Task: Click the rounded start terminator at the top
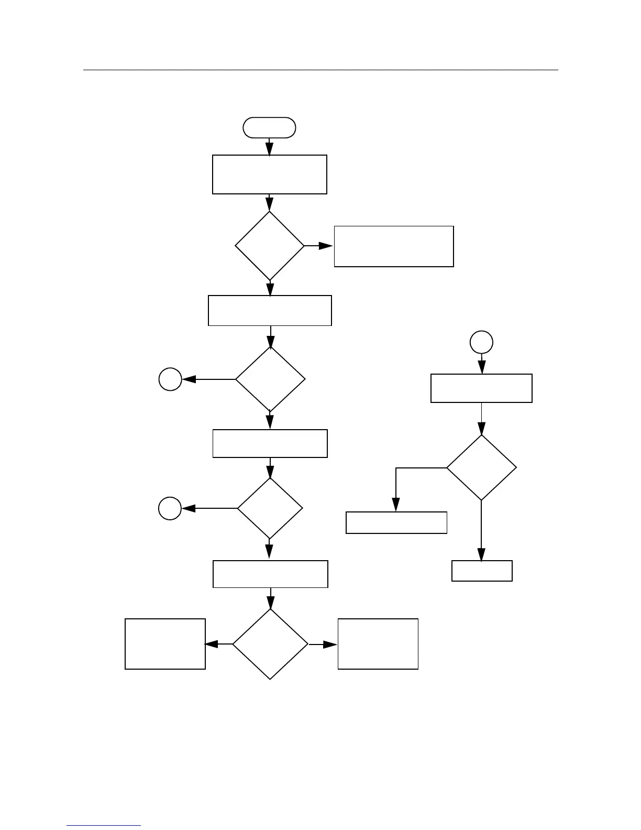(x=269, y=128)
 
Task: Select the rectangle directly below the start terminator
(x=269, y=174)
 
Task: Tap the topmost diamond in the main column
(x=270, y=246)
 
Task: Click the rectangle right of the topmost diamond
(x=394, y=246)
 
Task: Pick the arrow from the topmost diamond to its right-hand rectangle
(x=319, y=246)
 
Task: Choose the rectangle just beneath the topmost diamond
(x=270, y=311)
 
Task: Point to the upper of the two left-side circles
(x=170, y=379)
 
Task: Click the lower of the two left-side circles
(x=170, y=508)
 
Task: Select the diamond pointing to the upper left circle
(x=270, y=379)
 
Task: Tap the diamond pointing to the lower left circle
(x=270, y=508)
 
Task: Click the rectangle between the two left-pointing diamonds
(x=270, y=443)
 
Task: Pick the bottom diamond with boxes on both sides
(x=270, y=644)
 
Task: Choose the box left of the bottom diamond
(x=165, y=644)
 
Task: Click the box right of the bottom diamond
(x=378, y=644)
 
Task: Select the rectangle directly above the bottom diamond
(x=270, y=574)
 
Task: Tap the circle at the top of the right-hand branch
(x=481, y=342)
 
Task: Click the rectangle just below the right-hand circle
(x=481, y=388)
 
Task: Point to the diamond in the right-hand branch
(x=481, y=468)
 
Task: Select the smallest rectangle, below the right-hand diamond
(x=482, y=571)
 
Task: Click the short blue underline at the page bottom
(x=104, y=826)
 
